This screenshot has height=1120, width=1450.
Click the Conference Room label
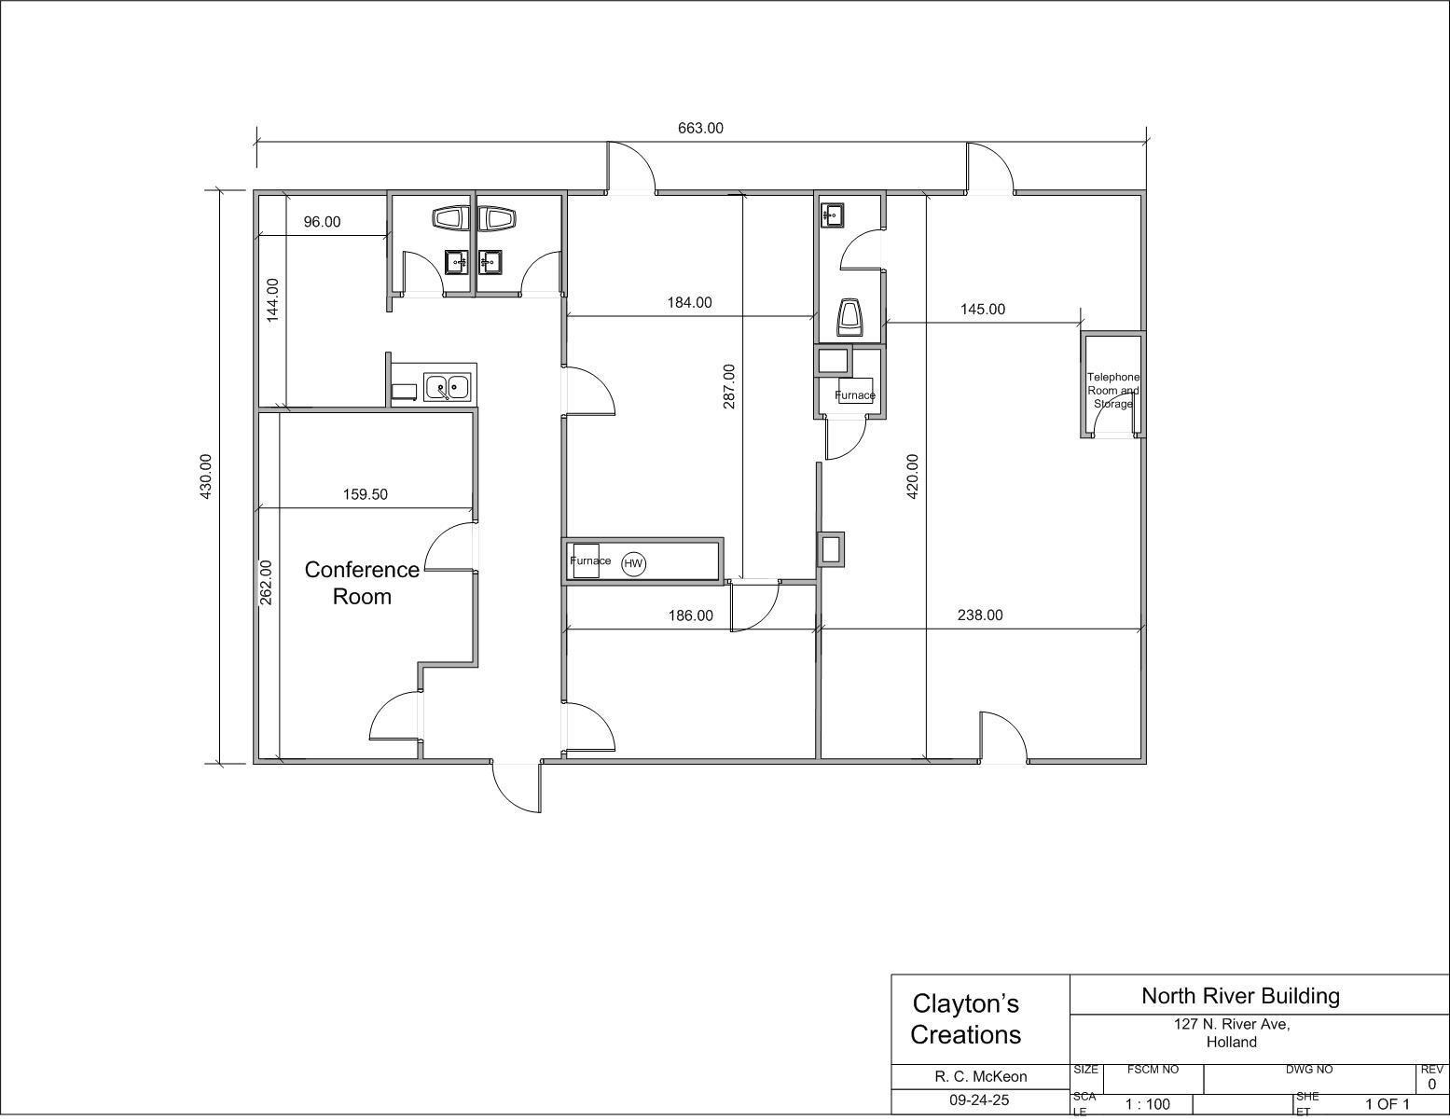[362, 582]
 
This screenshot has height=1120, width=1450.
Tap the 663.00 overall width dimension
[700, 128]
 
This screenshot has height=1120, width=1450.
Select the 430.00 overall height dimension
[205, 477]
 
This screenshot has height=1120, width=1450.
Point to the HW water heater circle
[633, 564]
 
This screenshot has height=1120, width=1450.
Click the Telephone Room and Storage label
[1113, 390]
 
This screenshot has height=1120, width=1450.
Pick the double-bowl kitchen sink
[448, 387]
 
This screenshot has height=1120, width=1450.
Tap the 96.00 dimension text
[323, 222]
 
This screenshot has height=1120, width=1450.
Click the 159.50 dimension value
[365, 494]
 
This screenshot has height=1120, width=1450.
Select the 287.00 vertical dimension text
[728, 386]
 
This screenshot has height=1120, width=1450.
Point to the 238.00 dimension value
[980, 615]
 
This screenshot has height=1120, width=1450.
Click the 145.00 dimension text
[983, 310]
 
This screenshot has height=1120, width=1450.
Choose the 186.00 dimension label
[691, 615]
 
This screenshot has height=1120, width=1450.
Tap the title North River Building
[1240, 996]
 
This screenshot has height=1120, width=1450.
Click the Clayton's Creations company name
[965, 1019]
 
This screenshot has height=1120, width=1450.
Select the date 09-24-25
[980, 1100]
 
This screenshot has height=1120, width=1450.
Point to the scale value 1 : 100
[1148, 1105]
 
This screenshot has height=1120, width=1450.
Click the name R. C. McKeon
[981, 1077]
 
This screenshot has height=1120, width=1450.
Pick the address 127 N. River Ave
[1232, 1025]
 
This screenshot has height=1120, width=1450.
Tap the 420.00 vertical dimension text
[913, 477]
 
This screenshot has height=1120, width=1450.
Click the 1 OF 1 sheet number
[1388, 1105]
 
